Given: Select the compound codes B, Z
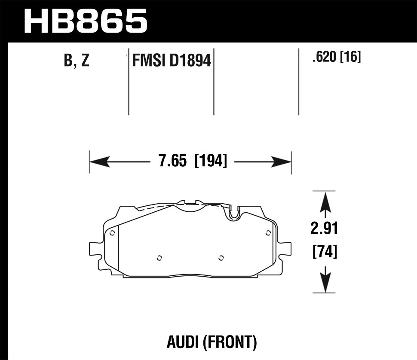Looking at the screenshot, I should click(77, 61).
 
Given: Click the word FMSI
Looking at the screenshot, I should click(149, 61).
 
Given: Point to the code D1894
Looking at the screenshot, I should click(190, 61).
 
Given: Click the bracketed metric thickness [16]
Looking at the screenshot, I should click(350, 57).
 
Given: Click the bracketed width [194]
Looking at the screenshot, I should click(211, 162).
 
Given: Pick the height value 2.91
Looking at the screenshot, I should click(324, 229).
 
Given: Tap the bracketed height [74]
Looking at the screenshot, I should click(324, 251).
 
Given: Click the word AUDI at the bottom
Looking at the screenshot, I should click(184, 342).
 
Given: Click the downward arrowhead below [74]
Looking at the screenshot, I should click(325, 284).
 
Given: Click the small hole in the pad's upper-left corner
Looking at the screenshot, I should click(112, 233).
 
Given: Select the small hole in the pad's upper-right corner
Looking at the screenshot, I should click(268, 233).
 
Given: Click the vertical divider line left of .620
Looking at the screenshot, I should click(298, 82).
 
